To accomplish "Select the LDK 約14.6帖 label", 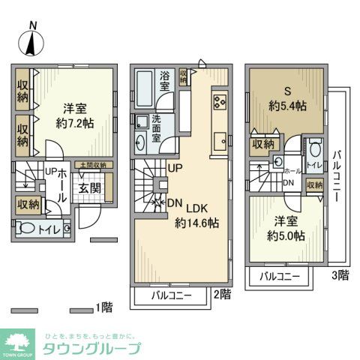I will tap(196, 215).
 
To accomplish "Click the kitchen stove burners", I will tap(220, 103).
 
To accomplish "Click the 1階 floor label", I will tap(104, 307).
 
